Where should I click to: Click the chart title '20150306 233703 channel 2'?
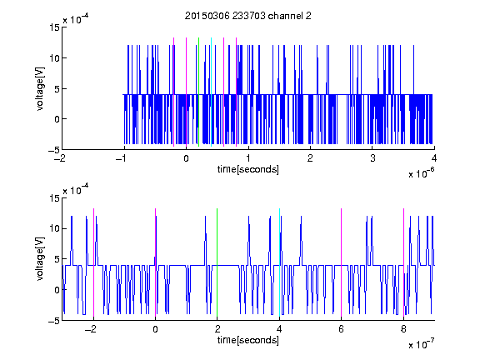point(248,16)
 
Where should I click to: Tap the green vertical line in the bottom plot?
point(217,262)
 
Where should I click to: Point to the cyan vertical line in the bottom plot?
point(279,262)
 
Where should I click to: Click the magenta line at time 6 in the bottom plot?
point(342,262)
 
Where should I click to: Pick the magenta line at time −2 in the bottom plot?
point(93,262)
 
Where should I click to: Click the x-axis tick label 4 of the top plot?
point(434,158)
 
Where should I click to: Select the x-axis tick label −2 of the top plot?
point(62,158)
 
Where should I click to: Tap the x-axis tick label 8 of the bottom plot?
point(403,329)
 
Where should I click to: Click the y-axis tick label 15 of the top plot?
point(54,27)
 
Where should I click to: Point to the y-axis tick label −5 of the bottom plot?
point(54,321)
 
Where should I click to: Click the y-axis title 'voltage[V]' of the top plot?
point(40,89)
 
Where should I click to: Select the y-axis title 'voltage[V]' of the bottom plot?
point(40,259)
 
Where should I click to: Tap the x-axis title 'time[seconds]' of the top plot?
point(248,169)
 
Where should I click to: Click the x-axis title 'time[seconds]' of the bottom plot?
point(248,340)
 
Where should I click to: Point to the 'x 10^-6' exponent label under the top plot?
point(421,172)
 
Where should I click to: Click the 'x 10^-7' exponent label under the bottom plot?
point(421,343)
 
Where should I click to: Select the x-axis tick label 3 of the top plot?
point(372,158)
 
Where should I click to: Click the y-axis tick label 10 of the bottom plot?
point(54,228)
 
